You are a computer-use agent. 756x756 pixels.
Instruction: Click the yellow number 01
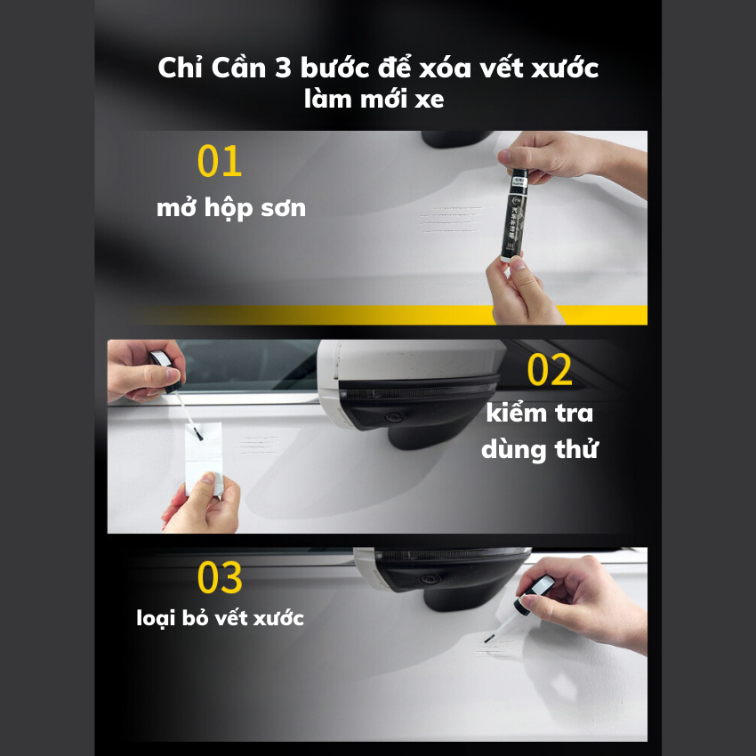click(220, 162)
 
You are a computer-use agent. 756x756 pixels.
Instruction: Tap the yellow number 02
click(550, 371)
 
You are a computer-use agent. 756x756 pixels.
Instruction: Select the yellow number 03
click(220, 578)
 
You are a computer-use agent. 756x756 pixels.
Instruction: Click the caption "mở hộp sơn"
click(231, 209)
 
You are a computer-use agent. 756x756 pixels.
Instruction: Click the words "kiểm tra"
click(540, 414)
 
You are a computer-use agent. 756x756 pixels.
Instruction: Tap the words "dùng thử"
click(540, 449)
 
